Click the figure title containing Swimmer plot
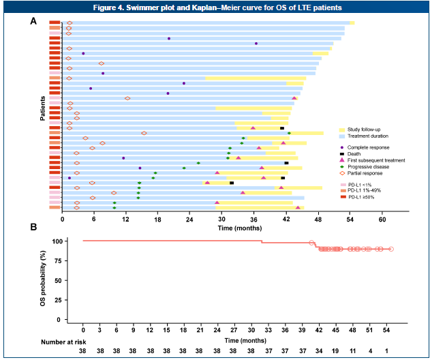click(x=215, y=7)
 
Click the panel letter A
click(x=33, y=21)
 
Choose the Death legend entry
click(x=356, y=153)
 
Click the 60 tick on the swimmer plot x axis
click(x=382, y=220)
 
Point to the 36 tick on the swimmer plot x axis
click(x=254, y=220)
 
